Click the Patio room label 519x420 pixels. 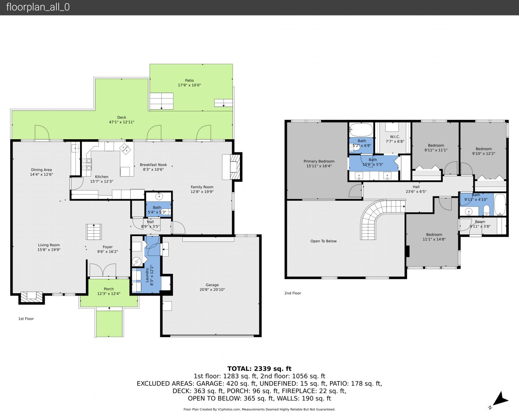(x=189, y=80)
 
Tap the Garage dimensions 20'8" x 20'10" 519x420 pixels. (x=212, y=290)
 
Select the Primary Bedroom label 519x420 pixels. (x=319, y=161)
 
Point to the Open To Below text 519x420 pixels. (x=323, y=241)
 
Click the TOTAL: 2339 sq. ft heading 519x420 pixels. (x=259, y=369)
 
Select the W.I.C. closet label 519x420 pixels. (x=395, y=137)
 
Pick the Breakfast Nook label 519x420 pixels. (x=154, y=165)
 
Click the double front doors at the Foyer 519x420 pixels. (x=103, y=270)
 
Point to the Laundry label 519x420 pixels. (x=147, y=275)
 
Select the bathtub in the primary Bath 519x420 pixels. (x=361, y=129)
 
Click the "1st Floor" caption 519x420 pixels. (x=26, y=318)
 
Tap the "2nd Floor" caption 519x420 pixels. (x=293, y=293)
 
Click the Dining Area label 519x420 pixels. (x=42, y=170)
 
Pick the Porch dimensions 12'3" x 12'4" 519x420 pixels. (x=109, y=294)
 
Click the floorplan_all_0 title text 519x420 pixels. (x=38, y=7)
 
